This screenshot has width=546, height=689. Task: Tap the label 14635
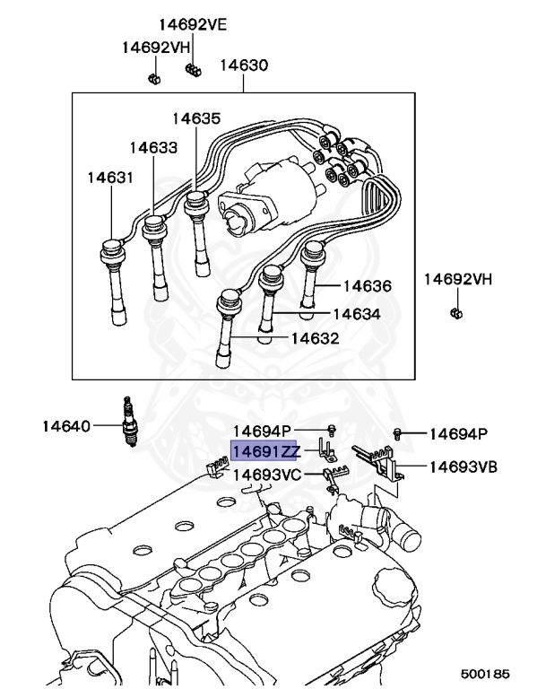[x=196, y=118]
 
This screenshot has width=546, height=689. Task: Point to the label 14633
[x=152, y=147]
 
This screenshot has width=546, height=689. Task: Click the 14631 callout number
[x=110, y=178]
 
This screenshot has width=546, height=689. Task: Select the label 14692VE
[x=194, y=25]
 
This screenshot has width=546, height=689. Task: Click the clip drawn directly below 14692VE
[x=192, y=69]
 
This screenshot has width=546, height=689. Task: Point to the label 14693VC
[x=268, y=475]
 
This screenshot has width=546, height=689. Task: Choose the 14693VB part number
[x=463, y=467]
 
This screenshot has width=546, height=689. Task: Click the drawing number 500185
[x=485, y=671]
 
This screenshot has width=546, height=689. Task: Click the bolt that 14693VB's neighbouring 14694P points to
[x=399, y=434]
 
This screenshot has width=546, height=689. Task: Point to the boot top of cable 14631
[x=110, y=249]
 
